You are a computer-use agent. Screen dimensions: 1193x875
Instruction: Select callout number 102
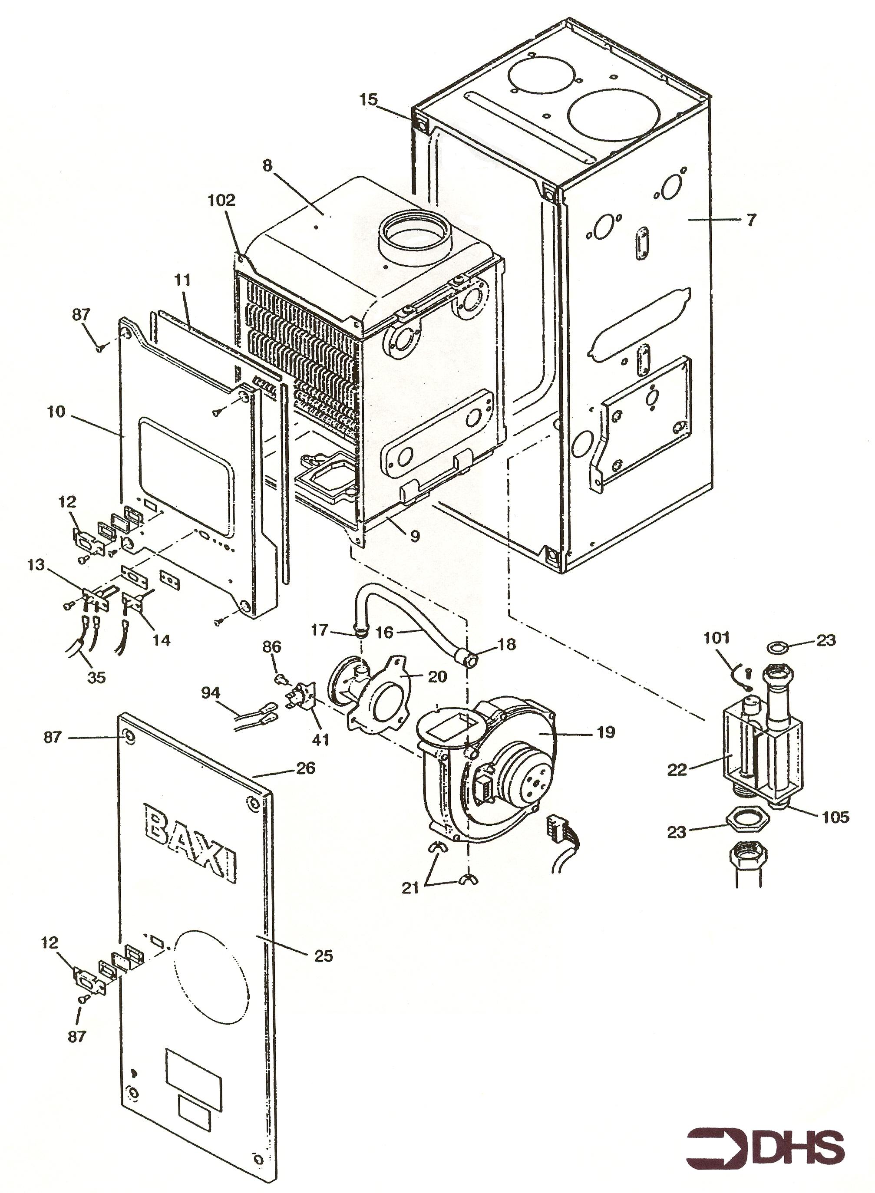221,200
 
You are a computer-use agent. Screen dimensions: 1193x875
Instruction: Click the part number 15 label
369,99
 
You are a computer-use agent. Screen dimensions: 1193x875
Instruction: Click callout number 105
836,817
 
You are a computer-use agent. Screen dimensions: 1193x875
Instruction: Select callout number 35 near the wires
96,677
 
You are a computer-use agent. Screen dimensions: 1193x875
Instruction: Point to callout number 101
717,638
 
